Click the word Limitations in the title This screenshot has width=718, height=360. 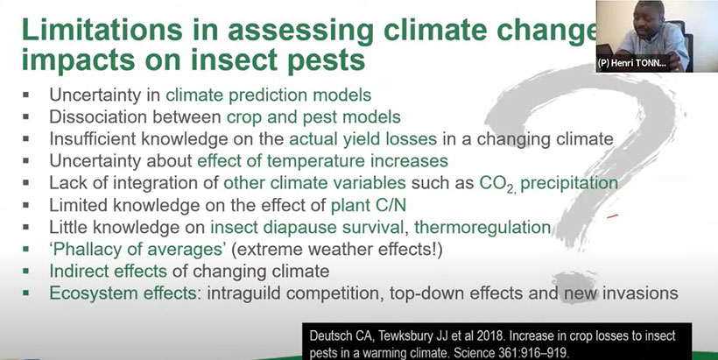tap(102, 30)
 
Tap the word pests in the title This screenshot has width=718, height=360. tap(326, 60)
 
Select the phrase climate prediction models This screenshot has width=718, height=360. tap(268, 95)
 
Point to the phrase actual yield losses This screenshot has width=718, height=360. tap(363, 139)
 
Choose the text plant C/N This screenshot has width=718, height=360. tap(369, 206)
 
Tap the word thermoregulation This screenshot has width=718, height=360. tap(482, 227)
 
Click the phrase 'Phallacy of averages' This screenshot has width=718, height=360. tap(137, 250)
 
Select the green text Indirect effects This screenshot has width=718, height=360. tap(108, 272)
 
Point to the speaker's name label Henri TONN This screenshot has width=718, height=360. tap(631, 63)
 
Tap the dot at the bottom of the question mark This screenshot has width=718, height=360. tap(575, 286)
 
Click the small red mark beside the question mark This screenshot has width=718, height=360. tap(613, 215)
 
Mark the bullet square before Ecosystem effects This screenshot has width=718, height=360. tap(25, 293)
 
